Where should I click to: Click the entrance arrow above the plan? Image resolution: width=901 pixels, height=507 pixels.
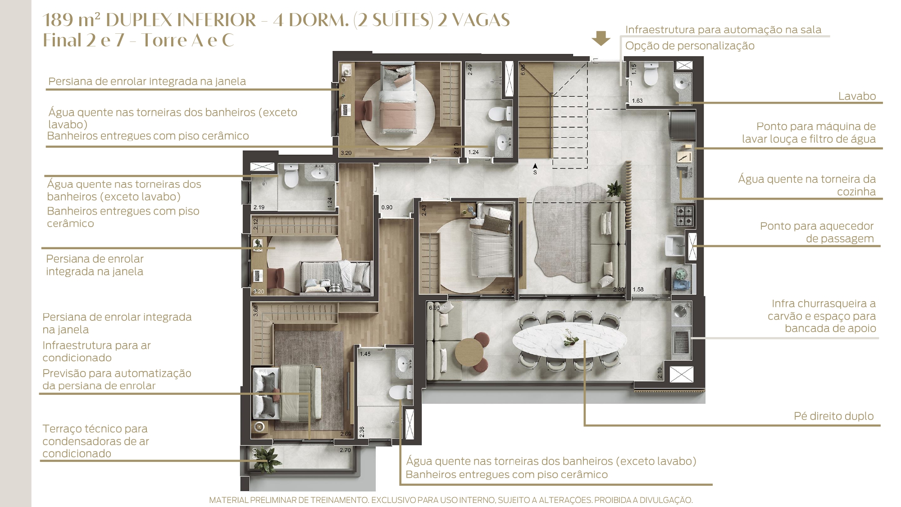601,38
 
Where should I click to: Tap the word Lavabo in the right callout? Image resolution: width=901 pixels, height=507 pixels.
857,96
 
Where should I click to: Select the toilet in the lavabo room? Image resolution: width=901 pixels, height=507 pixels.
651,74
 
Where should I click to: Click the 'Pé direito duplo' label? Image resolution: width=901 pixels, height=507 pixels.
833,416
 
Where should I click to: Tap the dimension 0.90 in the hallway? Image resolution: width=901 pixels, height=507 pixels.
387,207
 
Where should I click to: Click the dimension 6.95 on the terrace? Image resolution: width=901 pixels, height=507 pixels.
435,308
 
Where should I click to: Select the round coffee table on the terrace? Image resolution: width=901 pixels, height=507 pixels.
469,352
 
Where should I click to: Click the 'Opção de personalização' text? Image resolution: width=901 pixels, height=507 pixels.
690,46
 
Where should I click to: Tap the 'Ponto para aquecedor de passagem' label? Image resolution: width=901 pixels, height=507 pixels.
817,232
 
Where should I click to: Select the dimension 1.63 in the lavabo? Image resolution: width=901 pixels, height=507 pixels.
637,101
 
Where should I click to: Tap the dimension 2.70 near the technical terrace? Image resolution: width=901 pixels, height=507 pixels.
345,450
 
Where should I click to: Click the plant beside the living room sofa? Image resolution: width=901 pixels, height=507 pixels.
614,188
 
